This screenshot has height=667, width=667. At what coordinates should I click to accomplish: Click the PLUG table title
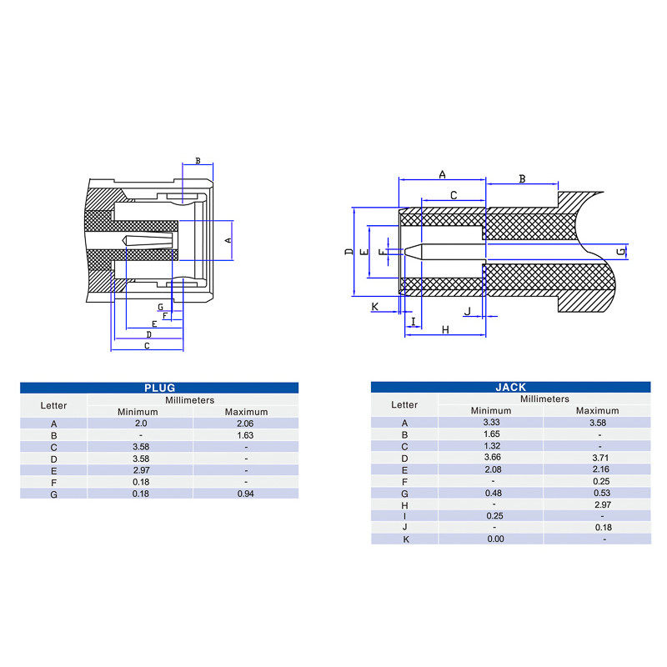[x=159, y=388]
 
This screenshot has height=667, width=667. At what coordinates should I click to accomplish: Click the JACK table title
[x=511, y=387]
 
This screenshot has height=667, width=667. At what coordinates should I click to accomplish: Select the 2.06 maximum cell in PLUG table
[x=245, y=424]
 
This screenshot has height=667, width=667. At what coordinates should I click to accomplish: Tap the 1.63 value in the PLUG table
[x=245, y=435]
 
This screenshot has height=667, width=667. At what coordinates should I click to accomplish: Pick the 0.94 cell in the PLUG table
[x=245, y=494]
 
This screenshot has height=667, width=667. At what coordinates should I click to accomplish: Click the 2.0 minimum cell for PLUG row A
[x=141, y=424]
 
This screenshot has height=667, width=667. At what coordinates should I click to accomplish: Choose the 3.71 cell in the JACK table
[x=600, y=458]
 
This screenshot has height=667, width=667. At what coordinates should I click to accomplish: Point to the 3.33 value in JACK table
[x=492, y=423]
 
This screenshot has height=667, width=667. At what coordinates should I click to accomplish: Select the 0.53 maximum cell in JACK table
[x=601, y=493]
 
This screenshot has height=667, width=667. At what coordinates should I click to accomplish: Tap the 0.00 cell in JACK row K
[x=495, y=539]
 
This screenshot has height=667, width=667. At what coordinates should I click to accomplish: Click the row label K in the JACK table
[x=406, y=539]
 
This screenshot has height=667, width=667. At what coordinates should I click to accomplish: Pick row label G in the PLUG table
[x=53, y=494]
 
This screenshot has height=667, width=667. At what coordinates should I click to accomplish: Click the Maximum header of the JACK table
[x=597, y=410]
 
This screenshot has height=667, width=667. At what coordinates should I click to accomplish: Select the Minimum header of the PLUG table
[x=138, y=412]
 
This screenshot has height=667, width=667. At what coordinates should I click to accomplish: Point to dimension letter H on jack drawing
[x=445, y=329]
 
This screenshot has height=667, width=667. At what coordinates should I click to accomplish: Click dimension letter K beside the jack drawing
[x=374, y=307]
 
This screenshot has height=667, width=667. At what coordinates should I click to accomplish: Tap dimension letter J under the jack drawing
[x=468, y=311]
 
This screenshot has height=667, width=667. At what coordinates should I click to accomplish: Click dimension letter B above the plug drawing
[x=198, y=161]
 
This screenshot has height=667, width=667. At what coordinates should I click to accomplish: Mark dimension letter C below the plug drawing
[x=147, y=345]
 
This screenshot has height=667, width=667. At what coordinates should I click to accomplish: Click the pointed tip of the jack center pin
[x=404, y=252]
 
